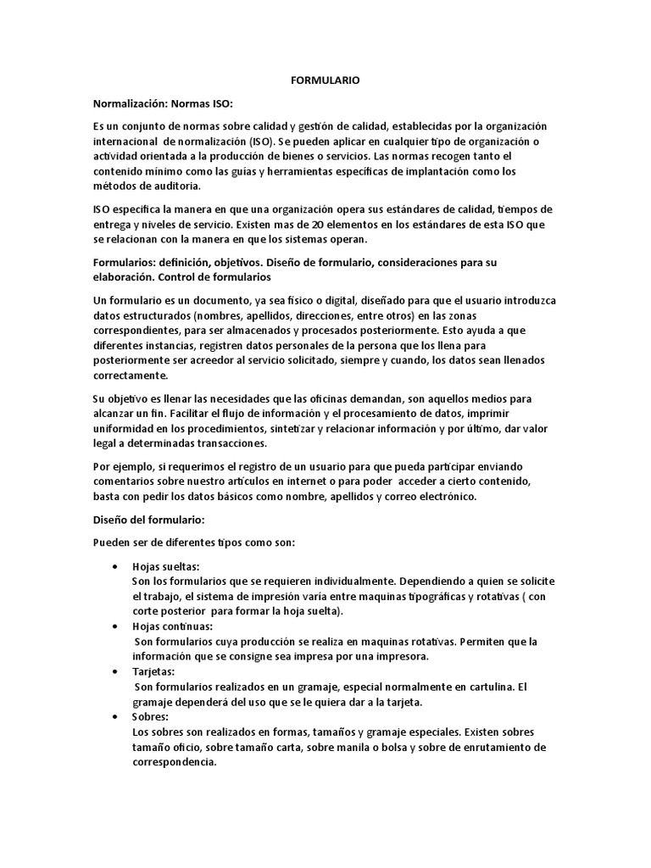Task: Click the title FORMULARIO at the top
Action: coord(325,80)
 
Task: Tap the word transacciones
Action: coord(230,444)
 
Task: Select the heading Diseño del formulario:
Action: coord(148,520)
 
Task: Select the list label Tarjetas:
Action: coord(153,671)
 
